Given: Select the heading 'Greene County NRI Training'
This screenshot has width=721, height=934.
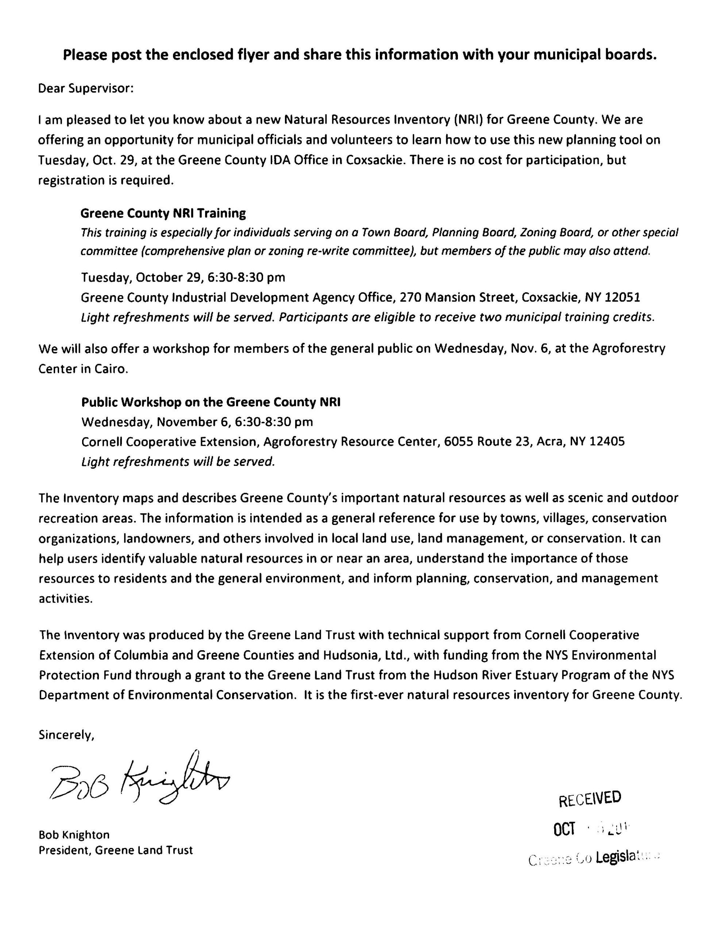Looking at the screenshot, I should point(163,213).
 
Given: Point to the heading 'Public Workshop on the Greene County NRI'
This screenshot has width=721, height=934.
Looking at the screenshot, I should point(211,402).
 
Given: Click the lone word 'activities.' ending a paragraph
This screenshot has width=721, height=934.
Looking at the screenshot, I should point(65,599).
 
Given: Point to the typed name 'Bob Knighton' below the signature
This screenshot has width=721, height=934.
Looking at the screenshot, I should point(74,834).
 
